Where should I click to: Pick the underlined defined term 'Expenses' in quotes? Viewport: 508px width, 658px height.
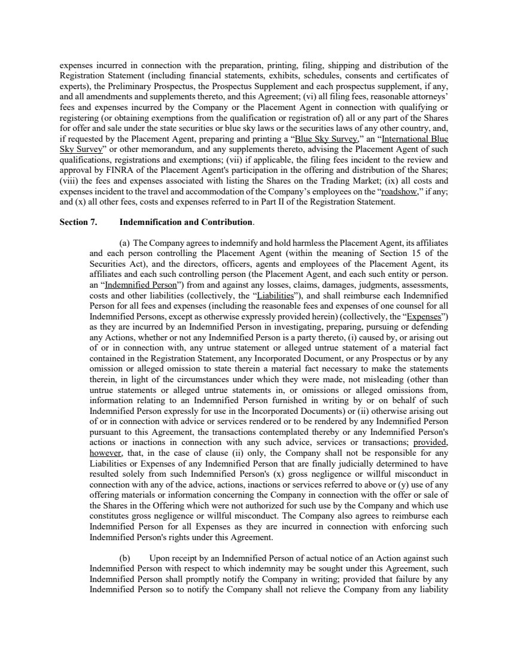coord(427,316)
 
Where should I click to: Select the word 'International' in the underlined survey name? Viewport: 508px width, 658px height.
coord(408,139)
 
